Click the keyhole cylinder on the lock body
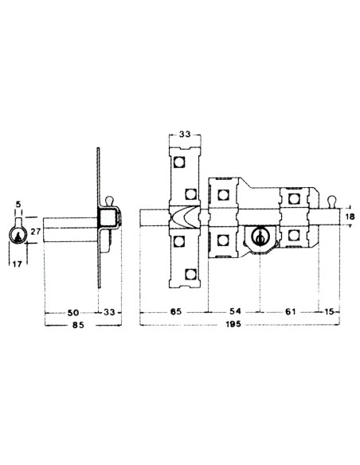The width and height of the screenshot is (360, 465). click(257, 237)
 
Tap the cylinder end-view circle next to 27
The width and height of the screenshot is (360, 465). click(17, 233)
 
